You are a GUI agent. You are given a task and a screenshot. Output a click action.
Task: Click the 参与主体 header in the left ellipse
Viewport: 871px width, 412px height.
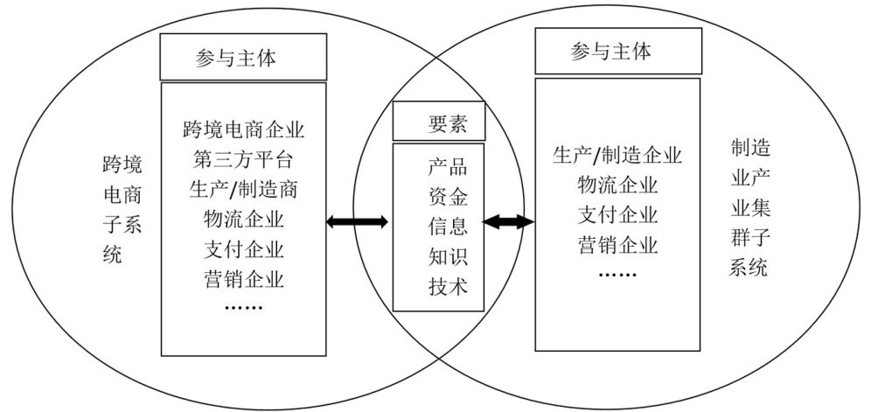pyautogui.click(x=242, y=57)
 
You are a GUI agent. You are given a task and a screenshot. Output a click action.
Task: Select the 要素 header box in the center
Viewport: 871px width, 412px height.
pyautogui.click(x=442, y=122)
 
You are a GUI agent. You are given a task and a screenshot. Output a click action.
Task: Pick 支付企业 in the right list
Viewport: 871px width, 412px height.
pyautogui.click(x=617, y=214)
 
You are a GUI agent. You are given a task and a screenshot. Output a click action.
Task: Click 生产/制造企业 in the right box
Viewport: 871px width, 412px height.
pyautogui.click(x=617, y=155)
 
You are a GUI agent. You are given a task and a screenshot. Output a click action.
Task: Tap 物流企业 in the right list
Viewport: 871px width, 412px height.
pyautogui.click(x=617, y=185)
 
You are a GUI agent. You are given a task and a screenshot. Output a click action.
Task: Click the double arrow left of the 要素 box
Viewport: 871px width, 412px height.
pyautogui.click(x=357, y=222)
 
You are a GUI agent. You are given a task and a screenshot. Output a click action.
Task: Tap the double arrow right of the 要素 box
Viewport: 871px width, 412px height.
pyautogui.click(x=508, y=222)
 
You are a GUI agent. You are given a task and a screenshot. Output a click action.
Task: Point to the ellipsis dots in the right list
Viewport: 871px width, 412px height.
pyautogui.click(x=617, y=274)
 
